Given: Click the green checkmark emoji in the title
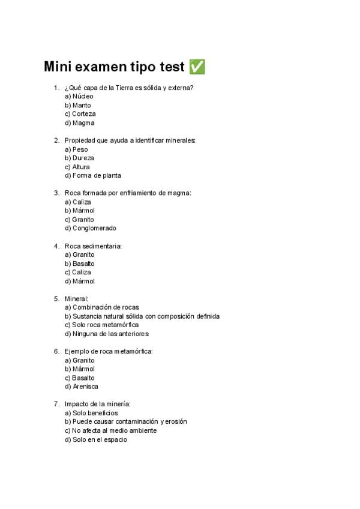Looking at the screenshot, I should [x=197, y=67].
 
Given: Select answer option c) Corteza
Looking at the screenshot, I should [x=80, y=114].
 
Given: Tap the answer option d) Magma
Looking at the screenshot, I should [x=79, y=123].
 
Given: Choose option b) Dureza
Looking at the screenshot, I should [x=79, y=158].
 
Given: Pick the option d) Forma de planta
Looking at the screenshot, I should [x=92, y=176].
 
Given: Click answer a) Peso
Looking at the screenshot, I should [x=76, y=149].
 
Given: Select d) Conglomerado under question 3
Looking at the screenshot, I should [x=90, y=228].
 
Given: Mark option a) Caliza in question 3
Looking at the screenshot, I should [x=78, y=202].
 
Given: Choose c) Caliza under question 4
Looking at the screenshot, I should [x=78, y=273].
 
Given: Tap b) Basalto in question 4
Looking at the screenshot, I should [x=79, y=264].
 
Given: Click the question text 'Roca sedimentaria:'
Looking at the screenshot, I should [x=94, y=246].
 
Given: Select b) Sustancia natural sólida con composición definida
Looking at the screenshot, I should [x=142, y=316].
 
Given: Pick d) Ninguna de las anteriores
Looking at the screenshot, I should [x=106, y=334].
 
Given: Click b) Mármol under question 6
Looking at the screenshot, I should [x=79, y=369].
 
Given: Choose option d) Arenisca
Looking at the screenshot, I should [x=81, y=387].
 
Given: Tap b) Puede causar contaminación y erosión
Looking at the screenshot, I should [x=125, y=422].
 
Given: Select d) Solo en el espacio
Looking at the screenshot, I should [x=95, y=439].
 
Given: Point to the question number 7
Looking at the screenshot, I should [x=56, y=404].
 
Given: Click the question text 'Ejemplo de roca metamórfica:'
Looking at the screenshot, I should [x=109, y=351].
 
